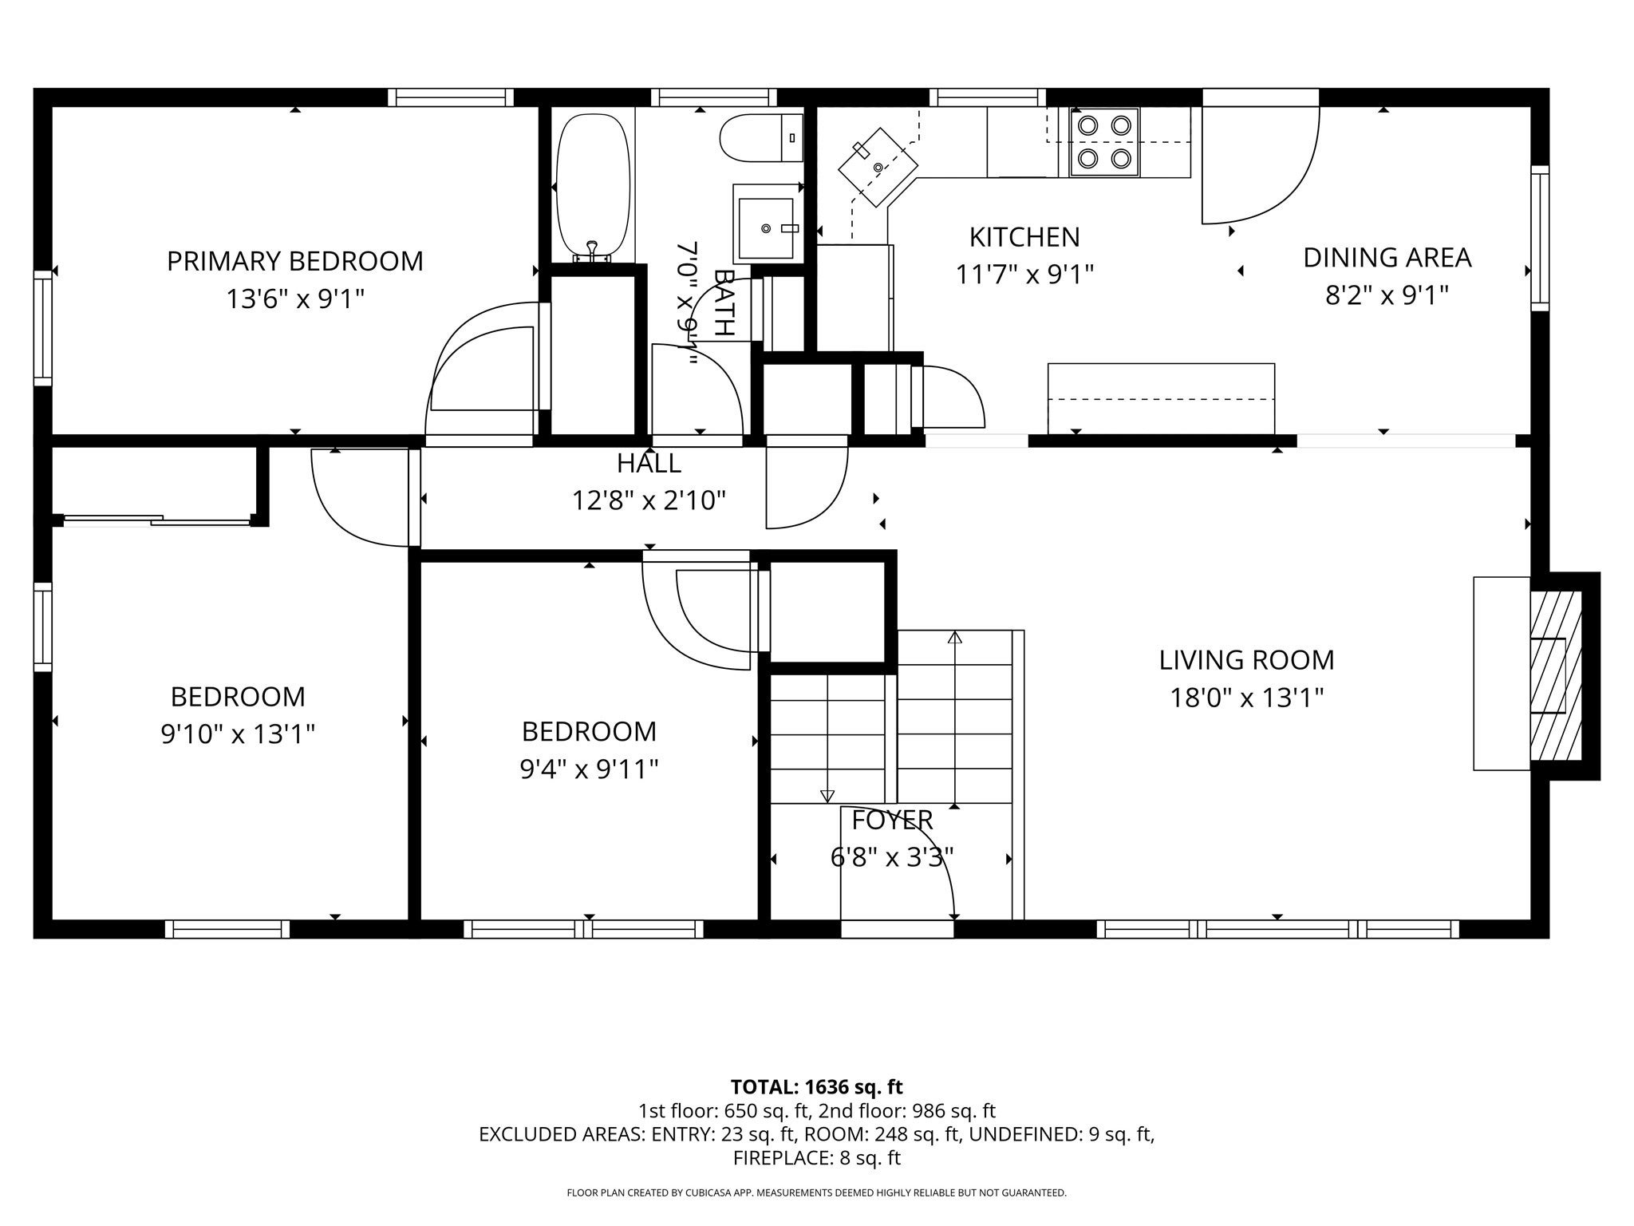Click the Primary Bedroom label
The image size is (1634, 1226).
(x=294, y=261)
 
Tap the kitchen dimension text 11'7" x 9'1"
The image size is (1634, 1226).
(x=1024, y=275)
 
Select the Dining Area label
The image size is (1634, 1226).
(x=1387, y=257)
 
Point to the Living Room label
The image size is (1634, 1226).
(x=1246, y=660)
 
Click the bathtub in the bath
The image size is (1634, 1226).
(x=593, y=187)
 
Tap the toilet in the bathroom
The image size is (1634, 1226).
(x=761, y=137)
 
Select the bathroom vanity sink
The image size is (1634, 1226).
(x=766, y=223)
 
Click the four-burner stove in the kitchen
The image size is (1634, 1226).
(x=1104, y=142)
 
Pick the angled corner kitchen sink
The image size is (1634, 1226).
(x=878, y=166)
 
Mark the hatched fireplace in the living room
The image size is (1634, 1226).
(x=1555, y=675)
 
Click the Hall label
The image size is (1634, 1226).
(x=649, y=463)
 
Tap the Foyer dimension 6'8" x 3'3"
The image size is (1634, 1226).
(x=892, y=857)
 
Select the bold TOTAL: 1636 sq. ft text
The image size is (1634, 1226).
(x=816, y=1087)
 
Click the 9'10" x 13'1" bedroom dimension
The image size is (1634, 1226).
(x=238, y=734)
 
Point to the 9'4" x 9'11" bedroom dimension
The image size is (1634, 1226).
(x=589, y=769)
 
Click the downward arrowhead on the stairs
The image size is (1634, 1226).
(x=827, y=796)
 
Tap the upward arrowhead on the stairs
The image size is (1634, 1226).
(x=955, y=637)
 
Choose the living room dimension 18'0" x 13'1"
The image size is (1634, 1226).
(x=1246, y=698)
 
